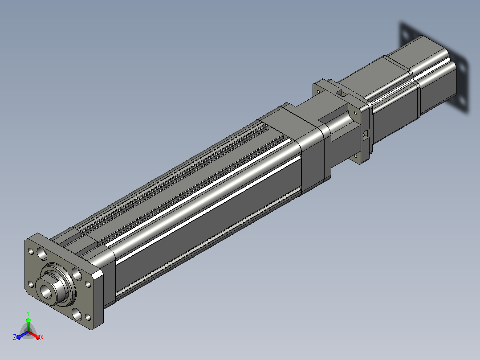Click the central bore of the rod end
tap(46, 291)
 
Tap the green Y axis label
tap(28, 313)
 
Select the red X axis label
tap(42, 337)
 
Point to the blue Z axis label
tap(14, 337)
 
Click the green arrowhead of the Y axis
tap(28, 320)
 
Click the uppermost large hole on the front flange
tap(42, 254)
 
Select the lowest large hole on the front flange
tap(77, 315)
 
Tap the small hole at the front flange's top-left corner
tap(31, 251)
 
